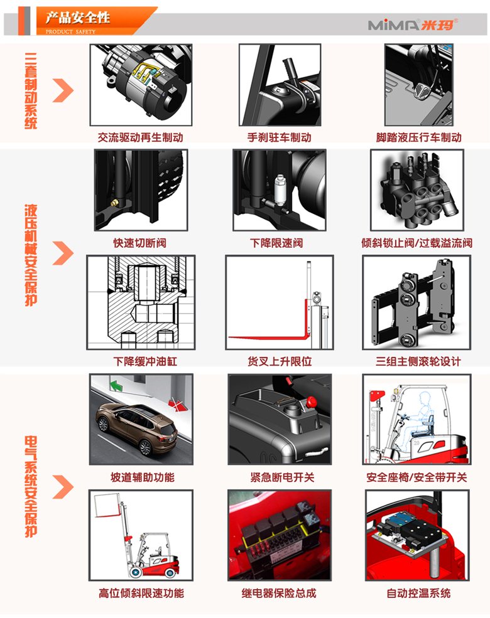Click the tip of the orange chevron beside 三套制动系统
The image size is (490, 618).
pos(73,90)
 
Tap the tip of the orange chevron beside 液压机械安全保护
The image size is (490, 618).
pos(73,253)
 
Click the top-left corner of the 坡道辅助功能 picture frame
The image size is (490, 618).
pos(89,374)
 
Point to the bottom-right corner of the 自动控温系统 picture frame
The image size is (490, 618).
pos(469,581)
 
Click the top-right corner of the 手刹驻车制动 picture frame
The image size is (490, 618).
pos(321,44)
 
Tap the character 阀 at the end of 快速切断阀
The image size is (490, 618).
pos(161,243)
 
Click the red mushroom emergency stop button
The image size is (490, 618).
pos(312,402)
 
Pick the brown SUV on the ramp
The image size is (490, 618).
pos(137,428)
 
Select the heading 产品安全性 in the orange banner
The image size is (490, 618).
pos(78,18)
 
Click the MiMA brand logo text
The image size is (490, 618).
pos(413,25)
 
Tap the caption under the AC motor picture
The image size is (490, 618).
pos(141,137)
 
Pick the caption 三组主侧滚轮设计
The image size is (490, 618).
pos(418,361)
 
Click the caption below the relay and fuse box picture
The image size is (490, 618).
pos(279,593)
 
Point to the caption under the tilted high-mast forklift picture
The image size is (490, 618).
pos(141,593)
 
